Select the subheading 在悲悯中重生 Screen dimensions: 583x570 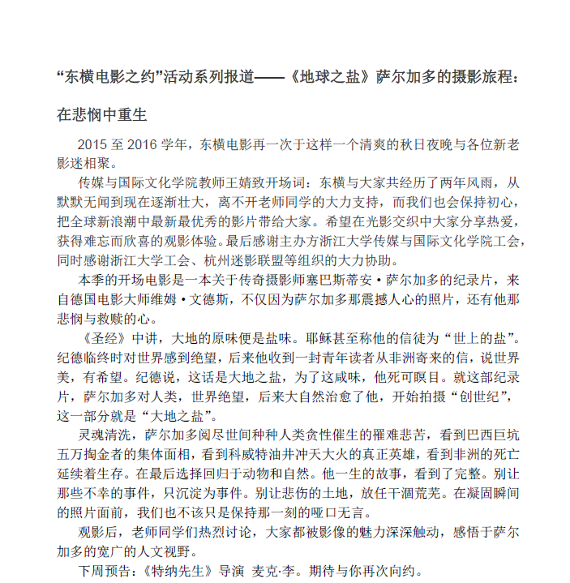(x=101, y=114)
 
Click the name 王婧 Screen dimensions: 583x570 (x=246, y=182)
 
